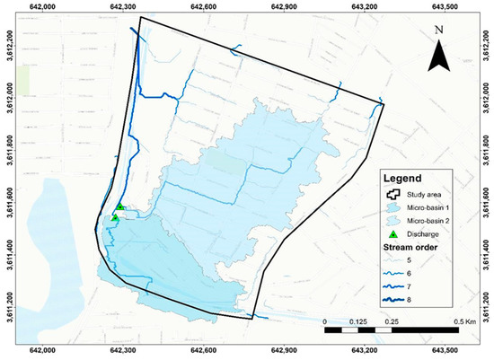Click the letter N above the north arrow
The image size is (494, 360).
(437, 30)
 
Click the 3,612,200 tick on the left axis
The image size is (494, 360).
(6, 41)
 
